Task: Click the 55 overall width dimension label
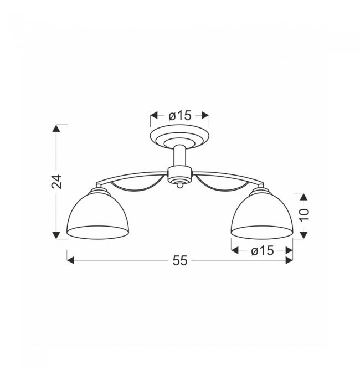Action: pos(180,260)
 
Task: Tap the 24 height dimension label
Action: pos(56,182)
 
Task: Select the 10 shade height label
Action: pos(304,215)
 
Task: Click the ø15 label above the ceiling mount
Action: pos(180,116)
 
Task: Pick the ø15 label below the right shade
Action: pos(262,250)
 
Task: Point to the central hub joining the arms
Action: pos(179,174)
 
